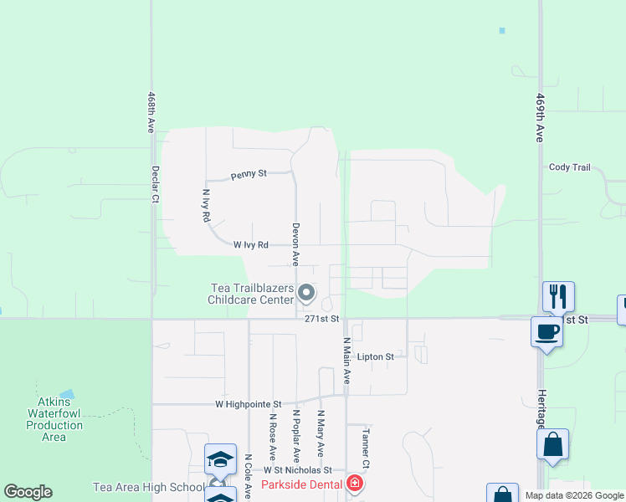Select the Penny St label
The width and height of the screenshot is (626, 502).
pos(249,174)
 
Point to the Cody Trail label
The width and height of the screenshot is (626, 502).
pos(570,167)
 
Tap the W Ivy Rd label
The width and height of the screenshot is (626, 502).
pos(251,245)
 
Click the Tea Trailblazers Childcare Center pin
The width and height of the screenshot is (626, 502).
pos(306,294)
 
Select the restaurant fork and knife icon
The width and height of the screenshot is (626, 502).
pos(558,296)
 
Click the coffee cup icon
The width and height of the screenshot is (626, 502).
pos(546,331)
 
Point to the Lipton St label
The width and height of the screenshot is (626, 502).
pos(376,356)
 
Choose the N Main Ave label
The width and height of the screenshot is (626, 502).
pos(346,361)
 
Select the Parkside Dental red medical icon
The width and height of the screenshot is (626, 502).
pos(355,484)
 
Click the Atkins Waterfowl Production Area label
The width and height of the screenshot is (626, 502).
pos(54,413)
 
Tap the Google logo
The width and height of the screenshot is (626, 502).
pos(28,492)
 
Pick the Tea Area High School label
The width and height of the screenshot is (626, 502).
pos(149,487)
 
